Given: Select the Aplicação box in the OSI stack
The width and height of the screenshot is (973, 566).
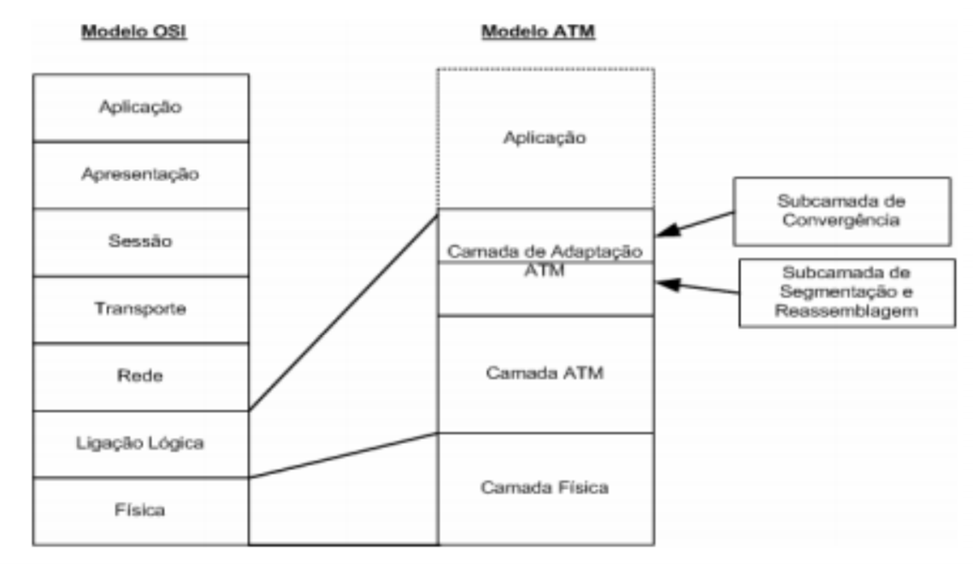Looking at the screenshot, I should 141,107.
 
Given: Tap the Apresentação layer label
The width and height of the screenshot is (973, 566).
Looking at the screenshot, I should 141,174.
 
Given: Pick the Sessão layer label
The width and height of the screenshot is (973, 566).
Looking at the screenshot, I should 141,241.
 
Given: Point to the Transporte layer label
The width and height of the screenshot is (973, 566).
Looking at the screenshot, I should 141,308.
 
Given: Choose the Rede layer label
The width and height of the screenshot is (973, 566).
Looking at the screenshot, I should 141,376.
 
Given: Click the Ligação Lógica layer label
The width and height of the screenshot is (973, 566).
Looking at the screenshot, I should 141,443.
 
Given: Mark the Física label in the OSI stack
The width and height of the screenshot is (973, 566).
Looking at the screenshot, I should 141,511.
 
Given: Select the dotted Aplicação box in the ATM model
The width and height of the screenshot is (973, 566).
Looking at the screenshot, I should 545,137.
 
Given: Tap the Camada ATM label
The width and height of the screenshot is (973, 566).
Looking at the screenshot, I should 545,373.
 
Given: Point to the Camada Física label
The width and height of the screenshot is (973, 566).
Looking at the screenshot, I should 545,487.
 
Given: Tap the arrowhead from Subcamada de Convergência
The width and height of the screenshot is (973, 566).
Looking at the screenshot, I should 663,232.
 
